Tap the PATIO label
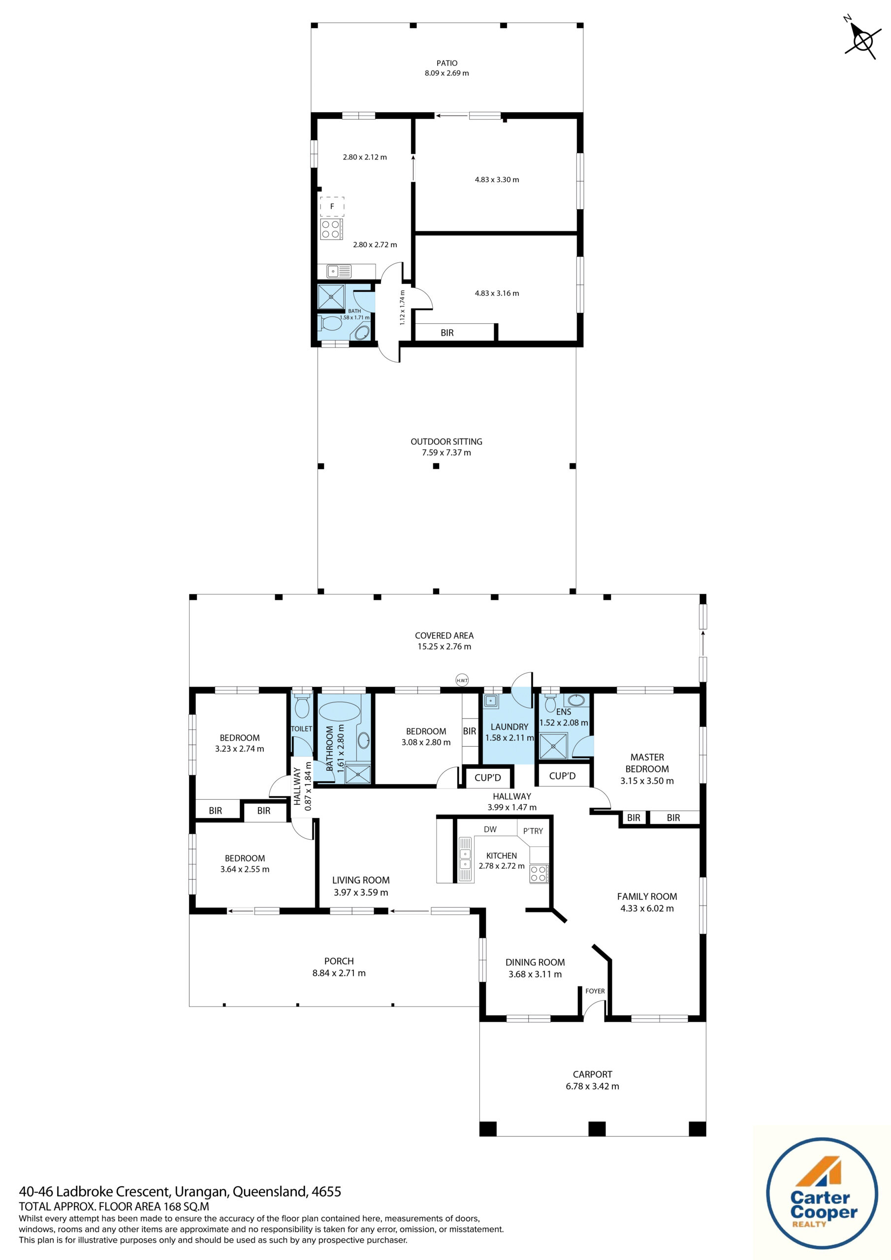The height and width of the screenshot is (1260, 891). (446, 63)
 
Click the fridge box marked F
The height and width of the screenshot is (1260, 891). (332, 206)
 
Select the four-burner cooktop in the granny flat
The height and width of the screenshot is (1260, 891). (331, 229)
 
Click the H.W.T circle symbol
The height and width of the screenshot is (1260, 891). (462, 681)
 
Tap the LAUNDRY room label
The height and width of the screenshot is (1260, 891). (509, 726)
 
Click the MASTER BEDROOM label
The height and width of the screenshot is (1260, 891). (647, 763)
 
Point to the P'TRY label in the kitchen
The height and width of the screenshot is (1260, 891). (533, 831)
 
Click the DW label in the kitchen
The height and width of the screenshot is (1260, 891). (490, 829)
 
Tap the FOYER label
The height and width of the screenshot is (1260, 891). (595, 991)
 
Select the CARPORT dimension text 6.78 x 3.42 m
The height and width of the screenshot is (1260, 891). (592, 1086)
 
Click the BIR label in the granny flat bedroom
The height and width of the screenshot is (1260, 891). (447, 333)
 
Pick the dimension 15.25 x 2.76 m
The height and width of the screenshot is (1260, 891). (444, 646)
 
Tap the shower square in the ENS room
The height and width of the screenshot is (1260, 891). (553, 745)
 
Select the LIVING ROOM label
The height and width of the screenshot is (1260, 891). (361, 880)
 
